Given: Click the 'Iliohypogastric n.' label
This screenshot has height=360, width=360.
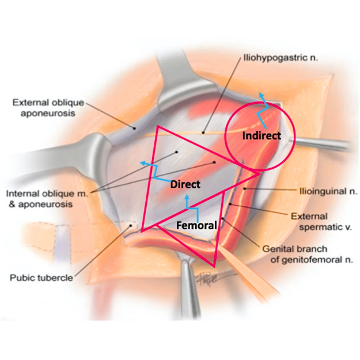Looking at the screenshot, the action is point(281,58).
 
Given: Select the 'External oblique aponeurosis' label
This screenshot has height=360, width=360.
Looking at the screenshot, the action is point(48,108).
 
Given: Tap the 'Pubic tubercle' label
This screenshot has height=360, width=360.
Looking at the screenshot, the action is point(41,278).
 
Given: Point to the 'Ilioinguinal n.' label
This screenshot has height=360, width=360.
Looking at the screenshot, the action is point(328,191).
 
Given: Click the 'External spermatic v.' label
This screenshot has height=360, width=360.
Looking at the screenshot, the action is point(321,222).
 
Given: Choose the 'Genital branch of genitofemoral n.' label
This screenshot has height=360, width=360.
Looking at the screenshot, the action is point(308,255).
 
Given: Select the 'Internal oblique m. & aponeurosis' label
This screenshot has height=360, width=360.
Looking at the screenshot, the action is point(47,199).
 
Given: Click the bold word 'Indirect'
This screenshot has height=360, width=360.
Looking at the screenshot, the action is point(262,136).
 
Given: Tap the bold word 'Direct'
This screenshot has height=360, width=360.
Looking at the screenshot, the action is point(185,184).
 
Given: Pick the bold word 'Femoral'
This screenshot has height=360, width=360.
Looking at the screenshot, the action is point(196,225).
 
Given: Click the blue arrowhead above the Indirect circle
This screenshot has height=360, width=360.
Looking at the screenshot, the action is point(261,95).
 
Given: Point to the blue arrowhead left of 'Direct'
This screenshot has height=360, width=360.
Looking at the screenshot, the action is point(143,163).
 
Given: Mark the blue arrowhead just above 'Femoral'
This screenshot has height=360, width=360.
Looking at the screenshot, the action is point(188,197).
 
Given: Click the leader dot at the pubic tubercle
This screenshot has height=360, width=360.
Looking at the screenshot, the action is point(131,225).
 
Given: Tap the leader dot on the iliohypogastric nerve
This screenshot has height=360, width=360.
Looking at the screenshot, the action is point(203,132).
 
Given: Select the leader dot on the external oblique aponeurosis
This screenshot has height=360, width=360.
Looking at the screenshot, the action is point(135,128).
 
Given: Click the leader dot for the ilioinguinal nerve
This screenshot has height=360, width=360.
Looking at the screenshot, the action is point(245,189).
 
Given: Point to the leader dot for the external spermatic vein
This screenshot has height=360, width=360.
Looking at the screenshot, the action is point(230,204).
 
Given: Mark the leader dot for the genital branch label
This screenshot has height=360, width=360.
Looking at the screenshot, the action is point(222,218).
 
